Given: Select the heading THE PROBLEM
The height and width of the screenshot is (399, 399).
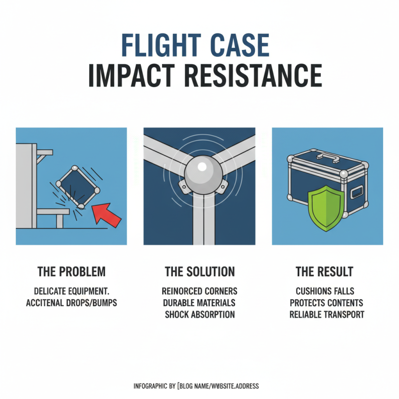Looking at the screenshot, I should coord(71,272).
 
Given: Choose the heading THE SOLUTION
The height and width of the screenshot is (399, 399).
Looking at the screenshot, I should coord(199,272).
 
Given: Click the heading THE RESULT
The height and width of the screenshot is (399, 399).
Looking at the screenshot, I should coord(324,272).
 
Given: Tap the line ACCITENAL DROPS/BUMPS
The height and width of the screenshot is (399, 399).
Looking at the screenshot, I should coord(72,303).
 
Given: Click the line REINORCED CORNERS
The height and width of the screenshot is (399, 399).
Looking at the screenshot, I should coord(199,290).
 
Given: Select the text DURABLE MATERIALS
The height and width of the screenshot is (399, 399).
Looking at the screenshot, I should coord(199,303).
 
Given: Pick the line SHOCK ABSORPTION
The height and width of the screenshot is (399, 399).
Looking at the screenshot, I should coord(199,315).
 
